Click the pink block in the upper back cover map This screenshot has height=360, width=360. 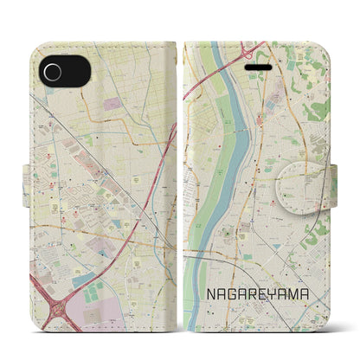(x=112, y=105)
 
